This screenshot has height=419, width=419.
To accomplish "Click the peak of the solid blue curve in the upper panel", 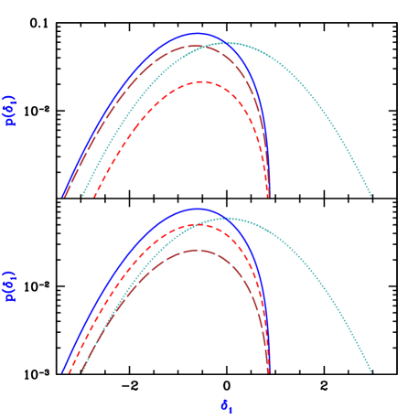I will [197, 33].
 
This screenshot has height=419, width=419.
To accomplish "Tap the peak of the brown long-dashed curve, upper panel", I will [195, 45].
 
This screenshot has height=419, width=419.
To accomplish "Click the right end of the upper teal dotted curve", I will [371, 196].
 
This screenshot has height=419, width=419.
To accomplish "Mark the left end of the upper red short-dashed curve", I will [94, 196].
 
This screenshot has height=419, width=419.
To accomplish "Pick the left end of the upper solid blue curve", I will [63, 196].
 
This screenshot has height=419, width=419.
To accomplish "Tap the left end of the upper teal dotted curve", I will [82, 196].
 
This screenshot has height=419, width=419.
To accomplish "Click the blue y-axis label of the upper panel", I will [11, 110].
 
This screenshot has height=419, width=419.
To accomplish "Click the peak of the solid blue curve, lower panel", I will [197, 209].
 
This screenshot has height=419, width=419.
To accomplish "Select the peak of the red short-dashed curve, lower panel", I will [198, 224].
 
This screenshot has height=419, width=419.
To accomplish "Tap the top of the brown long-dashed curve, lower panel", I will [197, 250].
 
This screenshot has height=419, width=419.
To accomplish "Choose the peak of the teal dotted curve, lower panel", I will [225, 219].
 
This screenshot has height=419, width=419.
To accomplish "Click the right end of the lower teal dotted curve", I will [371, 371].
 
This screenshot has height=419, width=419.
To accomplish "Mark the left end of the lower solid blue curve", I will [63, 371].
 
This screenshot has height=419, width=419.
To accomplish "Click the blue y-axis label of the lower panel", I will [11, 285].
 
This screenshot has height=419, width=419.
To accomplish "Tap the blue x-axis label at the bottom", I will [225, 404].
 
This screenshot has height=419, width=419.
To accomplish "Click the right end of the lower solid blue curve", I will [268, 371].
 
